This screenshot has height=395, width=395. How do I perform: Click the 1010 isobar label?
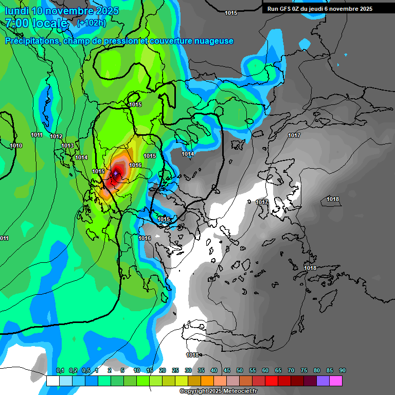[16, 146]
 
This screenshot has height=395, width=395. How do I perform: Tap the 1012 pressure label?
[56, 136]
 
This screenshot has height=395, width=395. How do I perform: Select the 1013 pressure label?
[67, 146]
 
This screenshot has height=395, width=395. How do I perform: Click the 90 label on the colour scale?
[343, 370]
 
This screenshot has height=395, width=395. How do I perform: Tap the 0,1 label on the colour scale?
[60, 370]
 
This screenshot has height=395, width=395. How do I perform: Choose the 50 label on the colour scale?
[240, 370]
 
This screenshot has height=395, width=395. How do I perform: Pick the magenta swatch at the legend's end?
[336, 381]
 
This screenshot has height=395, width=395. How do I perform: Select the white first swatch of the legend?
[52, 381]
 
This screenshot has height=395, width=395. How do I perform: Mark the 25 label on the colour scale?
[175, 370]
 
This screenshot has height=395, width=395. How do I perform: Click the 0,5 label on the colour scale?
[86, 370]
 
